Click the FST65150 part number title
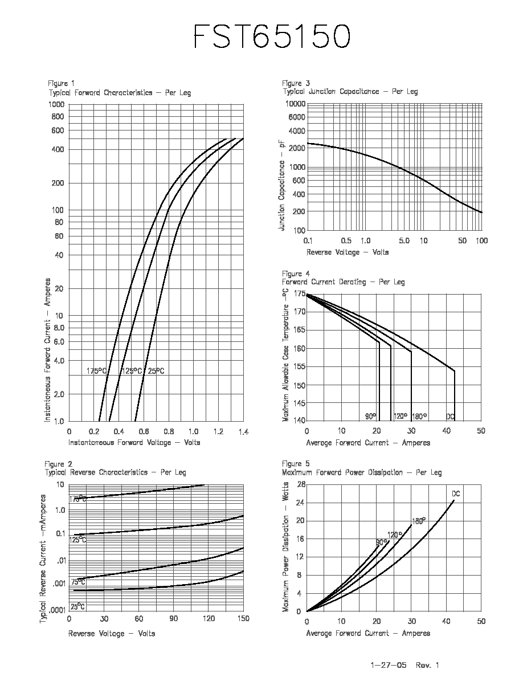coord(272,36)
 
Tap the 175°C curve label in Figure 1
coord(97,371)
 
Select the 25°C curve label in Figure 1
coord(156,371)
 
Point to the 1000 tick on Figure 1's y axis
coord(56,104)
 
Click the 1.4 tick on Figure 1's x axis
coord(243,431)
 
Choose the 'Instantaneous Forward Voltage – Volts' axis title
coord(134,443)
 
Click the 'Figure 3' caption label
coord(296,83)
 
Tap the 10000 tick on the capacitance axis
coord(296,104)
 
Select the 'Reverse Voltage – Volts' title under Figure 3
coord(348,252)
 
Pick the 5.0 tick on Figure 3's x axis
coord(404,240)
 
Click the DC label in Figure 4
coord(451,417)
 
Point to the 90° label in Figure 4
coord(371,416)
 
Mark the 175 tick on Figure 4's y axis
coord(300,293)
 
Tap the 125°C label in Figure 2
coord(77,540)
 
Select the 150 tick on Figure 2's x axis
coord(243,618)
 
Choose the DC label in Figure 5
coord(456,494)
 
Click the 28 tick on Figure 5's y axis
coord(301,484)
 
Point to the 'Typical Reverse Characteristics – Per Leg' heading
coord(115,472)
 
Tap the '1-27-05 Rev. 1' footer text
coord(404,665)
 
